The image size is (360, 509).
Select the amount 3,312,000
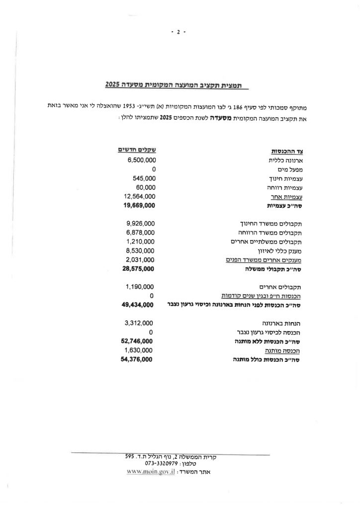coord(139,323)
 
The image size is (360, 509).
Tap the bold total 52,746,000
coord(136,341)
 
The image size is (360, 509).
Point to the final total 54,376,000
coord(136,359)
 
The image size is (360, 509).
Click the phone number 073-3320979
coord(162,463)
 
